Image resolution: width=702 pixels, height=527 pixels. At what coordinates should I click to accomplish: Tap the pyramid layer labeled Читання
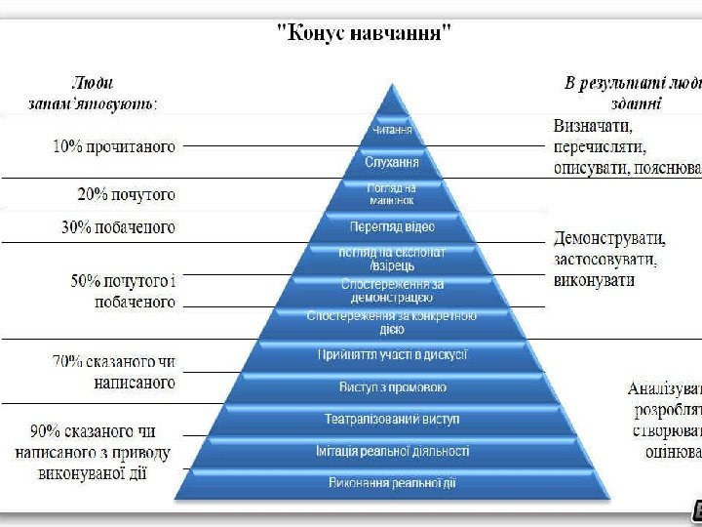pos(392,131)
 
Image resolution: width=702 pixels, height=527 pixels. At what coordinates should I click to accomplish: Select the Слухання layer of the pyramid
pos(392,161)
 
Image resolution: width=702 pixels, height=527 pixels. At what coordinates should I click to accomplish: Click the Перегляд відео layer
pos(392,227)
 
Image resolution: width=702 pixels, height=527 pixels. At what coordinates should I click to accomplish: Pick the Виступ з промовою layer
pos(392,387)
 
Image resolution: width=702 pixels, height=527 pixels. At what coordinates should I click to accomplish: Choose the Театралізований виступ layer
pos(392,419)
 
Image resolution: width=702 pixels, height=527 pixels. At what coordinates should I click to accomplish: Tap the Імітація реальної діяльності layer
pos(392,451)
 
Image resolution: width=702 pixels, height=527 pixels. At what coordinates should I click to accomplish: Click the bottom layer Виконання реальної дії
pos(392,482)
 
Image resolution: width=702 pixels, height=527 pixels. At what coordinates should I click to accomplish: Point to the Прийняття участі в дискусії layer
pos(392,354)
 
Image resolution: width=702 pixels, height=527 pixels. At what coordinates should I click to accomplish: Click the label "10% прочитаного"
pos(113,147)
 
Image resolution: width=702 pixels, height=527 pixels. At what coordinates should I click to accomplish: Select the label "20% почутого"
pos(127,194)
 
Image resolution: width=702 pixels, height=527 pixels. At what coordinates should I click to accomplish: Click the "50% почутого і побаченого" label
pos(123,292)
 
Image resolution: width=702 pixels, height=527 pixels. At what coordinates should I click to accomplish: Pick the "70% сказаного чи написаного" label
pos(115,372)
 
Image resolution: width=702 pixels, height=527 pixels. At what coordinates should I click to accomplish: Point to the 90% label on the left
pos(94,451)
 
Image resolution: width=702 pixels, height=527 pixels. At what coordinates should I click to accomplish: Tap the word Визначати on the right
pos(593,127)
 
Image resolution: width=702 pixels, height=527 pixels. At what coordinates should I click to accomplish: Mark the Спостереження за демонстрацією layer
pos(392,289)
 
